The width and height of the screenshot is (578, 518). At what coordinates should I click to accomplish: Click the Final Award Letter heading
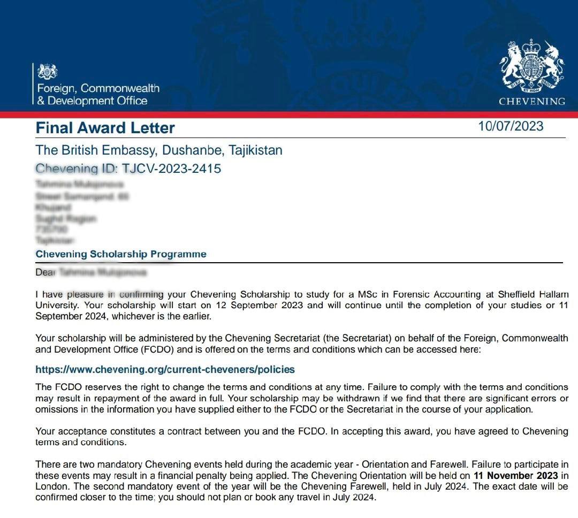105,128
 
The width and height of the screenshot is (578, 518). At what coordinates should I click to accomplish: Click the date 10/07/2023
511,126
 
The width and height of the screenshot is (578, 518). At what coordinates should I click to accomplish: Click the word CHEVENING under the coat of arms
531,101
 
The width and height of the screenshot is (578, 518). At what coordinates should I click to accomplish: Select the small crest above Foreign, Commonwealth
48,71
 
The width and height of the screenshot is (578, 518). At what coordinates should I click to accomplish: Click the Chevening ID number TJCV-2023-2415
171,169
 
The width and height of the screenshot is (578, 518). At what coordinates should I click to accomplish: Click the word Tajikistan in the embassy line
255,150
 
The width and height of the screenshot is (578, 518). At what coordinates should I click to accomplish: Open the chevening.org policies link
165,370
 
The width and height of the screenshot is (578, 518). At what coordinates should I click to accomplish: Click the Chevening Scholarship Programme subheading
121,254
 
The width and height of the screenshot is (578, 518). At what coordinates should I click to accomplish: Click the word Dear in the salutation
45,272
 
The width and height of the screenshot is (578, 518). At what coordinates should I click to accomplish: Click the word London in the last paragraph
50,486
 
